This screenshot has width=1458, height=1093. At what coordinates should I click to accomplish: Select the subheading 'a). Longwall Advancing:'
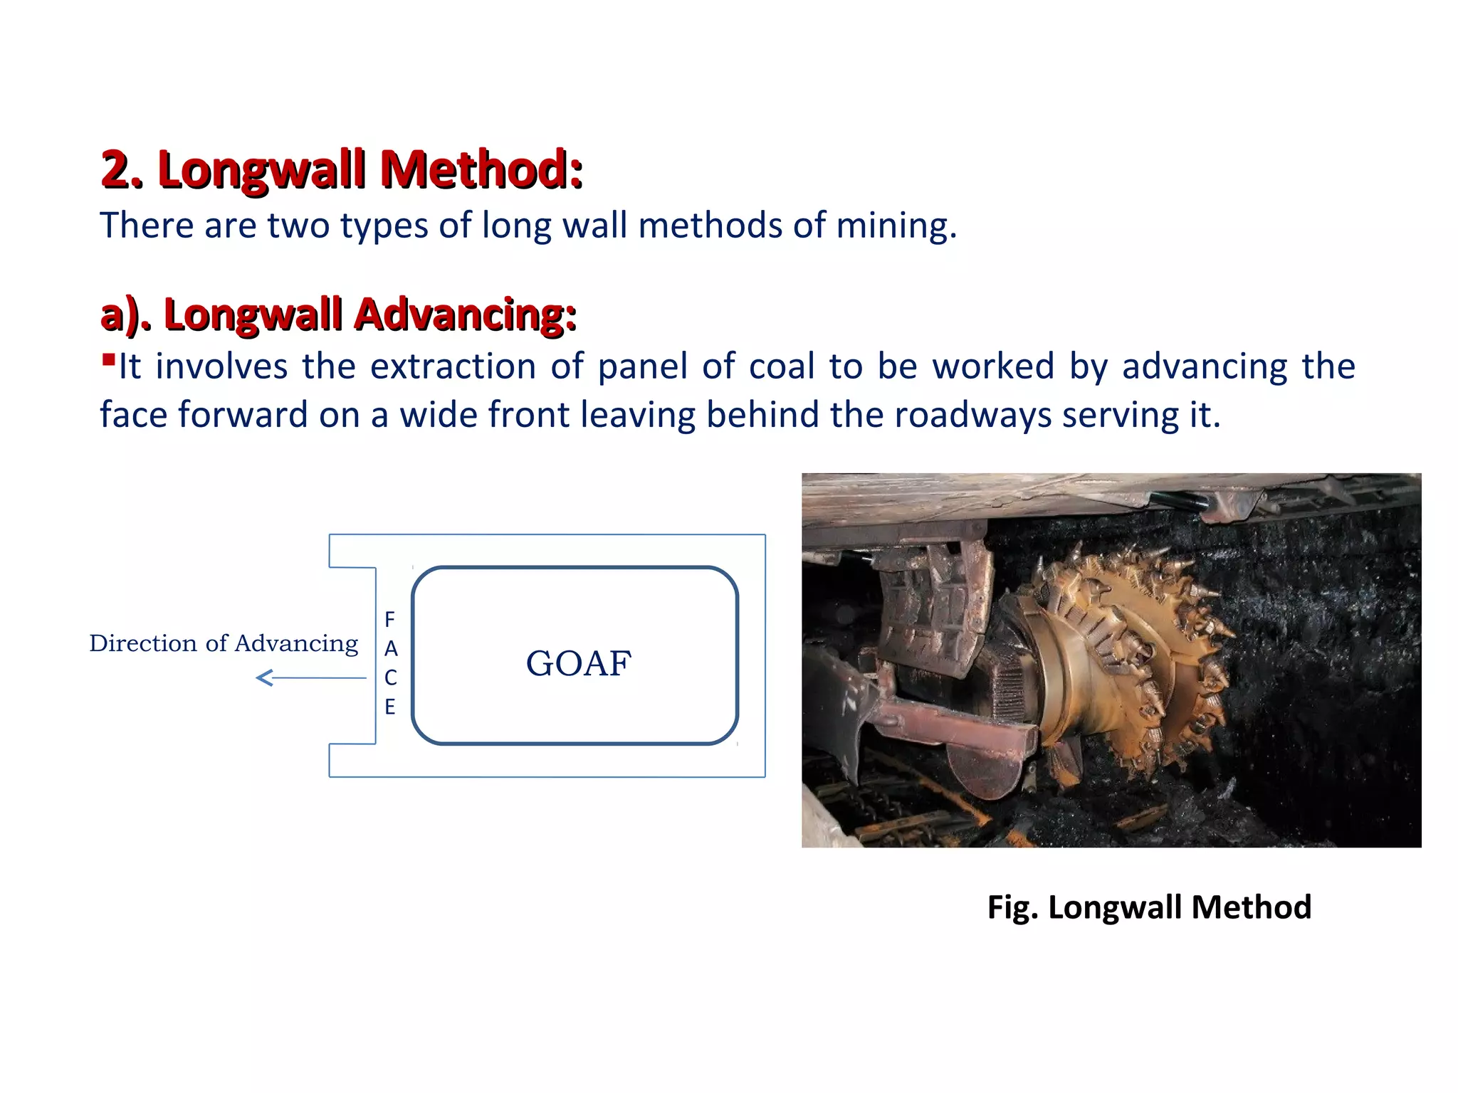coord(338,315)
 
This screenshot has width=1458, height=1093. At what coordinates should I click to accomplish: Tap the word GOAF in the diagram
coord(578,663)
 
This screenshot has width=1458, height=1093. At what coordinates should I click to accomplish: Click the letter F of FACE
coord(389,619)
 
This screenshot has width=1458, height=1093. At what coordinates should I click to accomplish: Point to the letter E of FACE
coord(389,707)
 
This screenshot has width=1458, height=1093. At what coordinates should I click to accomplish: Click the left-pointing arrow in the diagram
coord(310,678)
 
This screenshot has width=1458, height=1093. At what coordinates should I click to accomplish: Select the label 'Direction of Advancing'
coord(224,643)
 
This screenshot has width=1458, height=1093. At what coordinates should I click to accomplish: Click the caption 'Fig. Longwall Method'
coord(1149,907)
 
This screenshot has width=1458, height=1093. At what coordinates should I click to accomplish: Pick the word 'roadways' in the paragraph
coord(972,415)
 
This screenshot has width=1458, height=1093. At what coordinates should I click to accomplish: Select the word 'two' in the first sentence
coord(298,226)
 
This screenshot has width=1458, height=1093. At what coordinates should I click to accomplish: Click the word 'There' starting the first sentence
coord(147,226)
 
